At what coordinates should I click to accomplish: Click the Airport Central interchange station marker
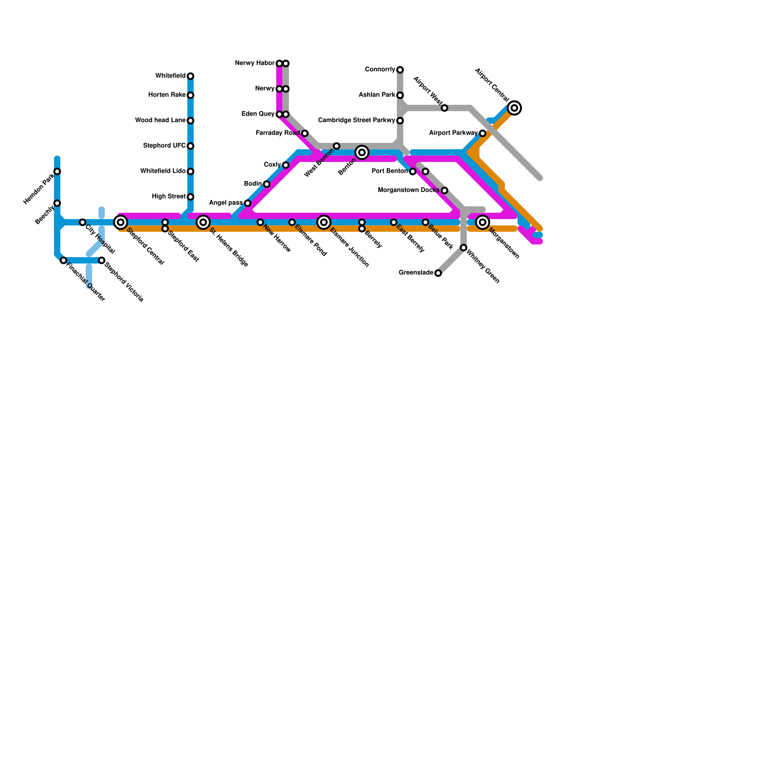pyautogui.click(x=514, y=108)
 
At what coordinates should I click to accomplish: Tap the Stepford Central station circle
pyautogui.click(x=121, y=222)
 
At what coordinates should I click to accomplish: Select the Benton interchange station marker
pyautogui.click(x=362, y=152)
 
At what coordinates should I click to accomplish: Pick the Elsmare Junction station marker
pyautogui.click(x=324, y=222)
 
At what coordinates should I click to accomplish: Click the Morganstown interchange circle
pyautogui.click(x=482, y=222)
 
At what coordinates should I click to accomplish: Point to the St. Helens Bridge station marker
pyautogui.click(x=203, y=222)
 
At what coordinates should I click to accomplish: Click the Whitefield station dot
pyautogui.click(x=190, y=76)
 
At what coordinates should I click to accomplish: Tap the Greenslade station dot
pyautogui.click(x=438, y=273)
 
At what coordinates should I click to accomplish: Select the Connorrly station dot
pyautogui.click(x=400, y=70)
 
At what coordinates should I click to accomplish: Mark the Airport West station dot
pyautogui.click(x=444, y=108)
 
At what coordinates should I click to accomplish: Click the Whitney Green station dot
pyautogui.click(x=463, y=248)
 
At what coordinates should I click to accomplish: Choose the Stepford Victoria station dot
pyautogui.click(x=101, y=261)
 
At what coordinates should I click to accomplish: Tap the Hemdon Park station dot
pyautogui.click(x=57, y=171)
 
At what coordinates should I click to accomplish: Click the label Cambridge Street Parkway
pyautogui.click(x=356, y=120)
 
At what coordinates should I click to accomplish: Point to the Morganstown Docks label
pyautogui.click(x=408, y=190)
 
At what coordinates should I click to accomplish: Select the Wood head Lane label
pyautogui.click(x=160, y=120)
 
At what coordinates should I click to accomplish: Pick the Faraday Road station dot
pyautogui.click(x=305, y=133)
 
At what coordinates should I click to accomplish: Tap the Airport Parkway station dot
pyautogui.click(x=482, y=133)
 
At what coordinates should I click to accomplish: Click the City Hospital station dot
pyautogui.click(x=82, y=222)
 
